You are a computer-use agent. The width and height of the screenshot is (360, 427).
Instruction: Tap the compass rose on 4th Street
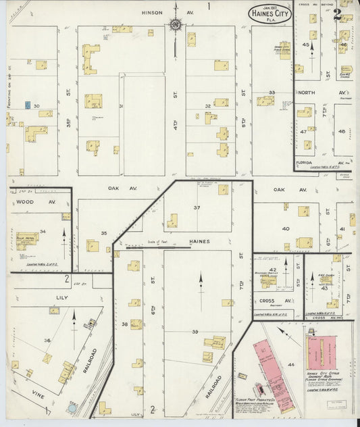pos(176,26)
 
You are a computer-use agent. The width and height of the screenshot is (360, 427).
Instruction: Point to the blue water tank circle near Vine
pos(73,409)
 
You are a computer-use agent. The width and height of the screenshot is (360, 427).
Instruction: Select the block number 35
pos(104,233)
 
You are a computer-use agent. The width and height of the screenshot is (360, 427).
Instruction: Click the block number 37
pos(198,207)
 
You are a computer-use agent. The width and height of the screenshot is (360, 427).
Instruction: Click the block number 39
pos(195,332)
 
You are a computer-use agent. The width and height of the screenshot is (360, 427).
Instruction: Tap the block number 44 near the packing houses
pos(291,366)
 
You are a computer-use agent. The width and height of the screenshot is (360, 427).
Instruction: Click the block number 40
pos(286,229)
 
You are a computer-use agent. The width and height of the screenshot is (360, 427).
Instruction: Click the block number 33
pos(272,92)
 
